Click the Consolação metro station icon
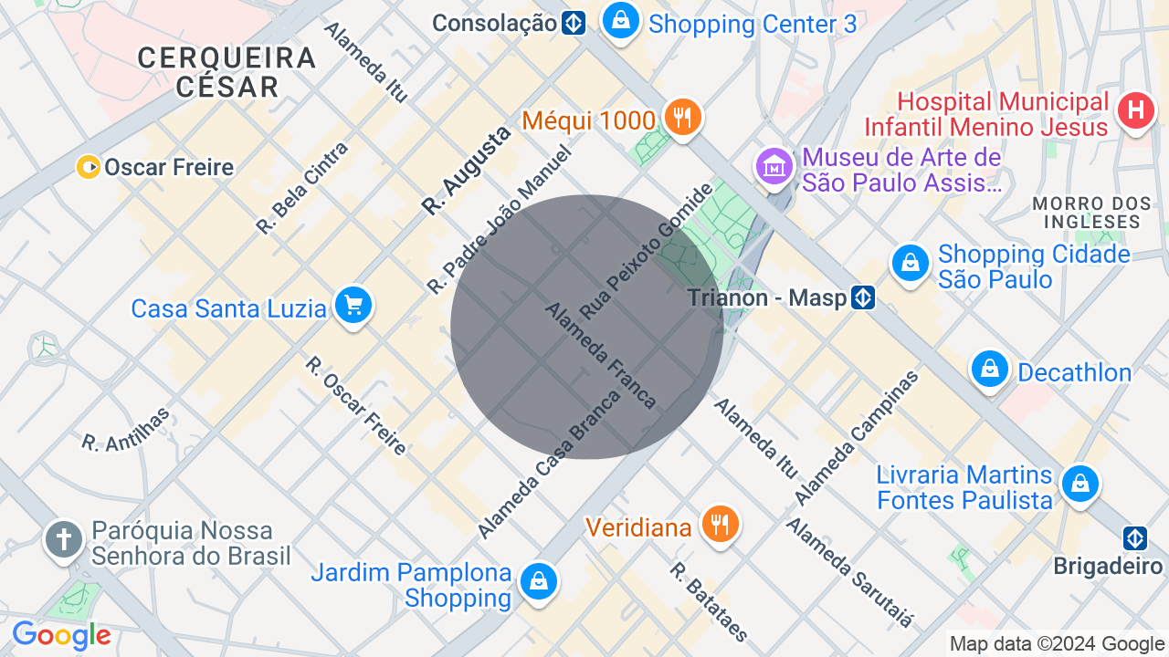(574, 23)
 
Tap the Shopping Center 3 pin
(621, 20)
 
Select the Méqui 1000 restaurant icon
(682, 118)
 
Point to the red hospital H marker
(1136, 111)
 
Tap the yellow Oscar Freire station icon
(89, 167)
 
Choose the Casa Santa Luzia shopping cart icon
(353, 306)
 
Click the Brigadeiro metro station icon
(1135, 538)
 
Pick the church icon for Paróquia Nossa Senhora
(64, 540)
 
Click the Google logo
(61, 635)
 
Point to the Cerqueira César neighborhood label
(226, 72)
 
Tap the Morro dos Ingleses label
(1087, 212)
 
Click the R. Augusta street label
(466, 171)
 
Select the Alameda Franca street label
(600, 355)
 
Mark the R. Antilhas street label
(126, 430)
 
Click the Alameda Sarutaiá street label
(849, 571)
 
